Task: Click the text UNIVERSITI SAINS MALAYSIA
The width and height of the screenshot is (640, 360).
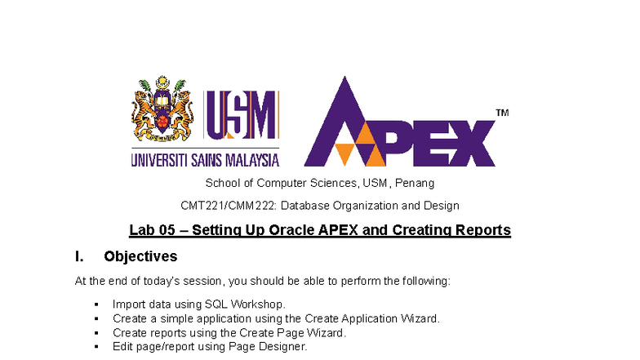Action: click(x=205, y=159)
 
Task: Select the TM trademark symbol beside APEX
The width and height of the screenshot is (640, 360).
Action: click(x=501, y=113)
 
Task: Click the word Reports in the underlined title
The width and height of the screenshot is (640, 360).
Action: click(x=485, y=230)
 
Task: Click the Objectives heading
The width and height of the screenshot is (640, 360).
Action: click(x=140, y=257)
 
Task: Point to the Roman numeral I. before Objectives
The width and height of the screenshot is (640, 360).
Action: click(x=78, y=257)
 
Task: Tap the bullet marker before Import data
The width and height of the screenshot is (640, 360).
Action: click(x=96, y=304)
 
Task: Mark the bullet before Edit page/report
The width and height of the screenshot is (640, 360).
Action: click(x=96, y=346)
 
